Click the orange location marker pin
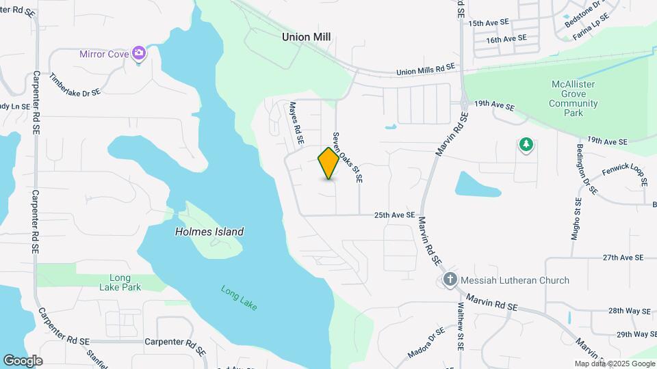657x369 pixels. (x=329, y=163)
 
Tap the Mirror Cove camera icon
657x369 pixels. (x=140, y=53)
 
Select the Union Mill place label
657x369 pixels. (x=307, y=37)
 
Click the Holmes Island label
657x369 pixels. (x=209, y=232)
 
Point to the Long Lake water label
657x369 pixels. (x=239, y=298)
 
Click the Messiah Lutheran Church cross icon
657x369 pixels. (x=450, y=279)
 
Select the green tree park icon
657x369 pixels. (x=526, y=145)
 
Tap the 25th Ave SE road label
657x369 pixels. (x=395, y=215)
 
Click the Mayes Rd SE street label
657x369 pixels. (x=296, y=123)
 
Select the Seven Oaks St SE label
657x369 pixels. (x=347, y=158)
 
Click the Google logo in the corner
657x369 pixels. (x=23, y=360)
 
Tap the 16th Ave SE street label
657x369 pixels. (x=507, y=40)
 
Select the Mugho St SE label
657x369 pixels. (x=576, y=218)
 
